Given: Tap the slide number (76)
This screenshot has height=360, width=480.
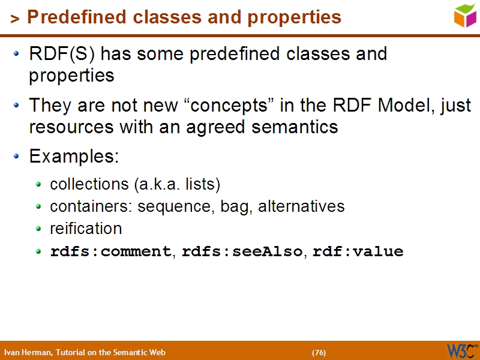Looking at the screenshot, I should [319, 352].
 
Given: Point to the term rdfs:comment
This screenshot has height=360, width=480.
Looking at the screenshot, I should [111, 251].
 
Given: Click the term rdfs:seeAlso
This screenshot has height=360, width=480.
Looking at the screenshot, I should [242, 251].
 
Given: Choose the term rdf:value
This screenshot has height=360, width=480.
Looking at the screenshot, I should [358, 251].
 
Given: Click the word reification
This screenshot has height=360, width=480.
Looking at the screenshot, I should [86, 229].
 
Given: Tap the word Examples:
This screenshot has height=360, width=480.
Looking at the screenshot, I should [74, 157].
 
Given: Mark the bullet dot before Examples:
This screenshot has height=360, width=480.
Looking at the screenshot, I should [17, 157].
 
